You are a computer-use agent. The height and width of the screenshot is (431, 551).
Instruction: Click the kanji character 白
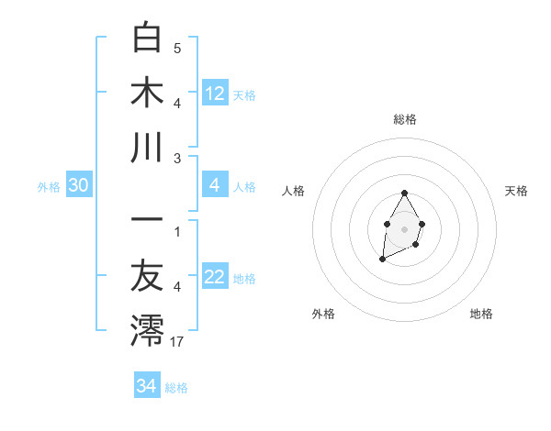coord(147,39)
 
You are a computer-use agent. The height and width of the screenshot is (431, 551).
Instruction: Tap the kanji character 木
coord(147,92)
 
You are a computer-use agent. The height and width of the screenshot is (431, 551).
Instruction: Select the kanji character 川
coord(147,147)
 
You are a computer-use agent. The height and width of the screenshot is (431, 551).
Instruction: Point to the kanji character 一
coord(147,222)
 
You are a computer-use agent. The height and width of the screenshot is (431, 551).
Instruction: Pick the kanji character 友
coord(147,277)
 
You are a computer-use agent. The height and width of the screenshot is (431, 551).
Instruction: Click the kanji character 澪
coord(147,331)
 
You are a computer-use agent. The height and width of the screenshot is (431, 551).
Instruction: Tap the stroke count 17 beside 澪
coord(177,342)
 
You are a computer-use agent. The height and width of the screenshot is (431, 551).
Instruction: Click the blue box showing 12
coord(215,93)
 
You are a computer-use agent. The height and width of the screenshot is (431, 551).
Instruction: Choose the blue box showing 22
coord(215,278)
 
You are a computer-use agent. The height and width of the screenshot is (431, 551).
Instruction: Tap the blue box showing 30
coord(78,186)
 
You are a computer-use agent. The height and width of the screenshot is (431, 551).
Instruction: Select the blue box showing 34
coord(146,386)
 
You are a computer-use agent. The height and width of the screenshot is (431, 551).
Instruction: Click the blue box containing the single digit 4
coord(215,186)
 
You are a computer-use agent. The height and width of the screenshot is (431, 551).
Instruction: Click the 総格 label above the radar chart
coord(404,119)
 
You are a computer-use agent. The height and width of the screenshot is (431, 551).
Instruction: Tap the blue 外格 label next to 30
coord(49,187)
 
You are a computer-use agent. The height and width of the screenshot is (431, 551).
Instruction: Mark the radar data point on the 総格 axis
coord(404,193)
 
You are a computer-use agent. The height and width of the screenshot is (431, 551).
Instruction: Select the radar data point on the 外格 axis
coord(382,260)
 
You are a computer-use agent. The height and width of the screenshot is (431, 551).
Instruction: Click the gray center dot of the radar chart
coord(404,227)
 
